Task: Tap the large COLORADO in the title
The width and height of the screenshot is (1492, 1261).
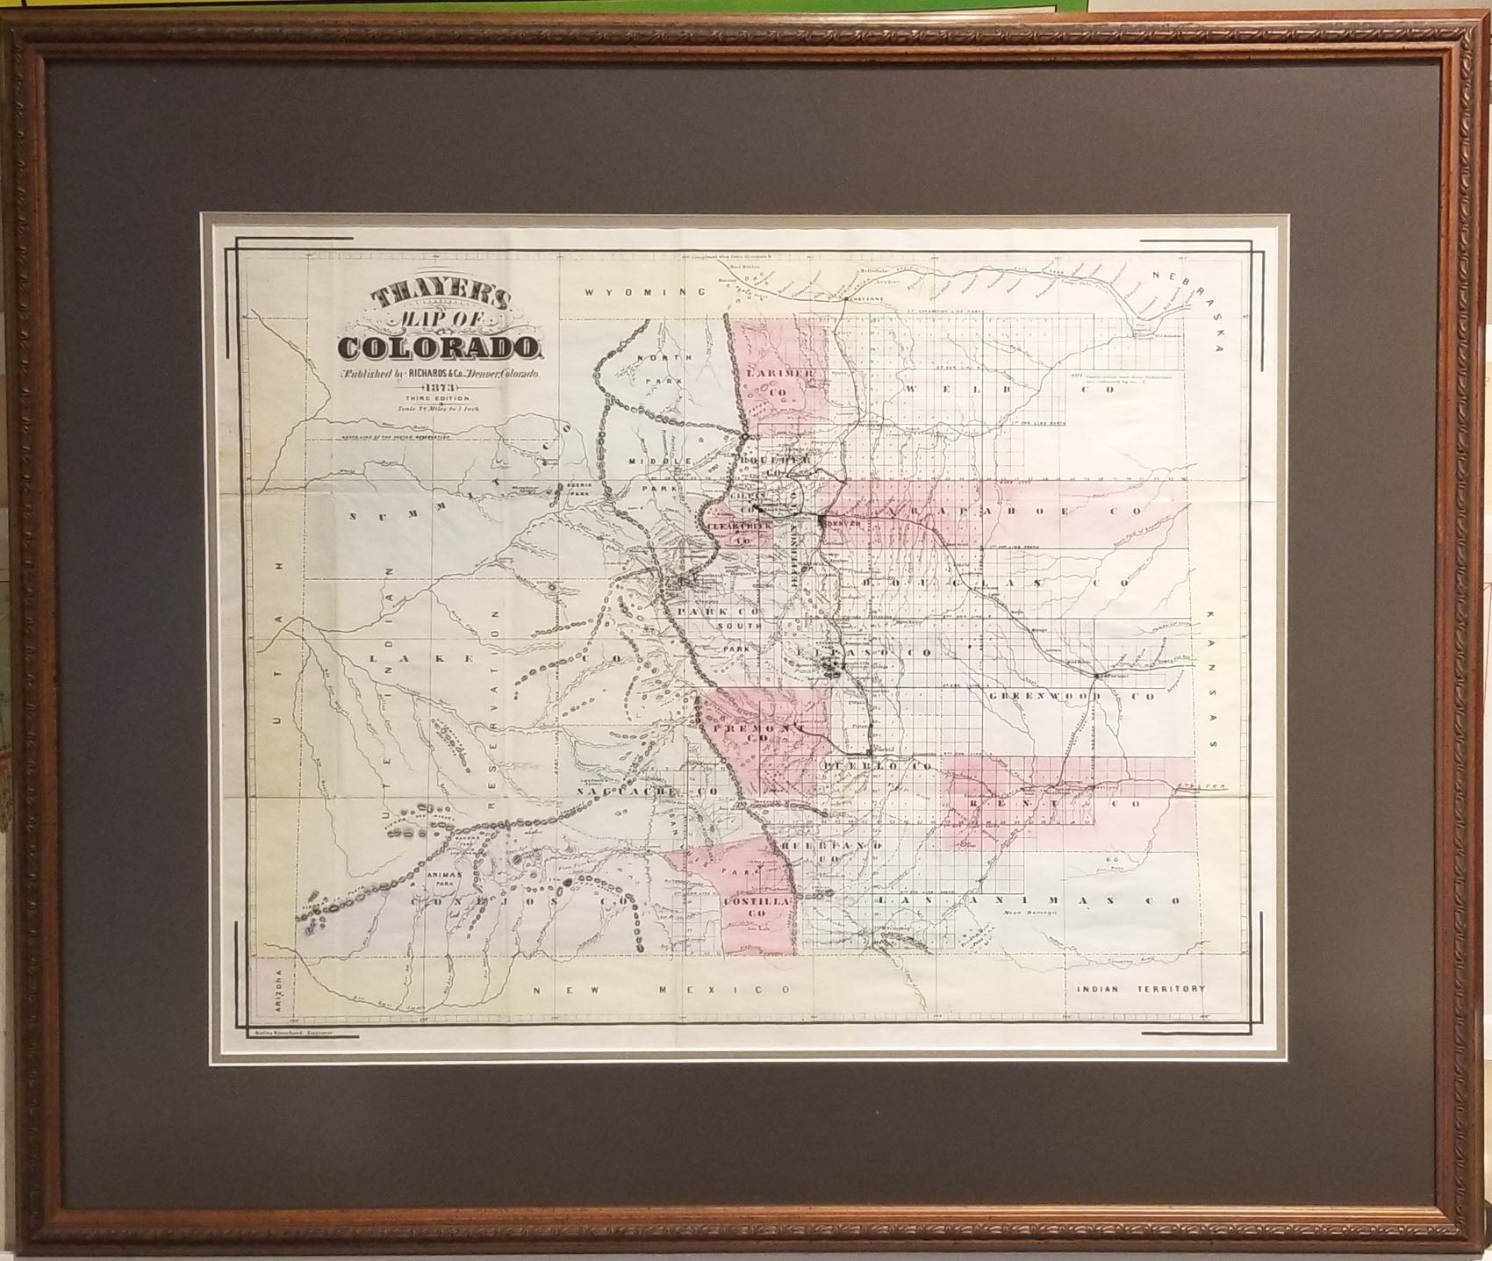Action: click(439, 347)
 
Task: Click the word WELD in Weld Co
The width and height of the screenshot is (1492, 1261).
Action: click(935, 389)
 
